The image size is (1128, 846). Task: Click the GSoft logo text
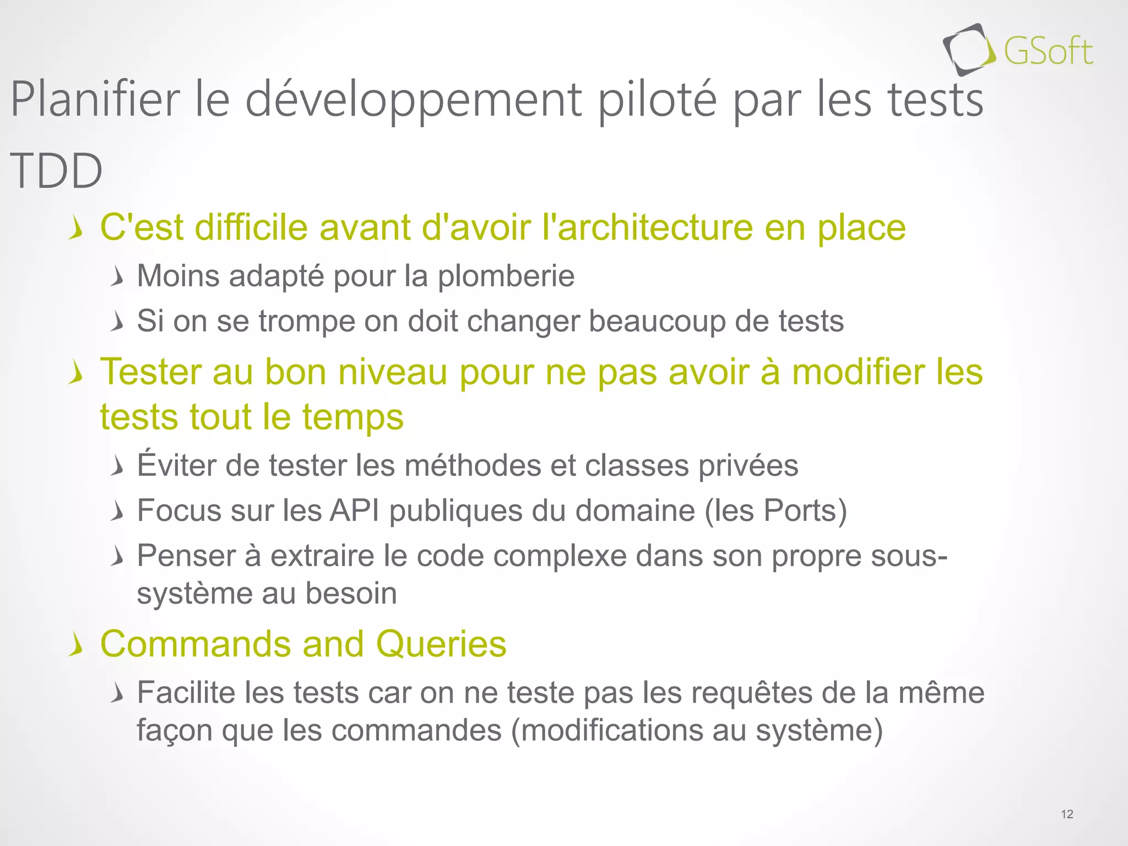tap(1048, 52)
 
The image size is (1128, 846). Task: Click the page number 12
tap(1067, 814)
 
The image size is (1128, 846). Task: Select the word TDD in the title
tap(56, 171)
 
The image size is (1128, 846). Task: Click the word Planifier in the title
tap(95, 100)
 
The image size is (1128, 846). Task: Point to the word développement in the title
tap(413, 101)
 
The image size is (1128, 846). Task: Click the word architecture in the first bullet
tap(655, 227)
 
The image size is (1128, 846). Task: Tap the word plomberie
tap(506, 276)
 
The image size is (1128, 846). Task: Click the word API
tap(354, 511)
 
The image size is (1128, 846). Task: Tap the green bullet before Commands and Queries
tap(76, 645)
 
